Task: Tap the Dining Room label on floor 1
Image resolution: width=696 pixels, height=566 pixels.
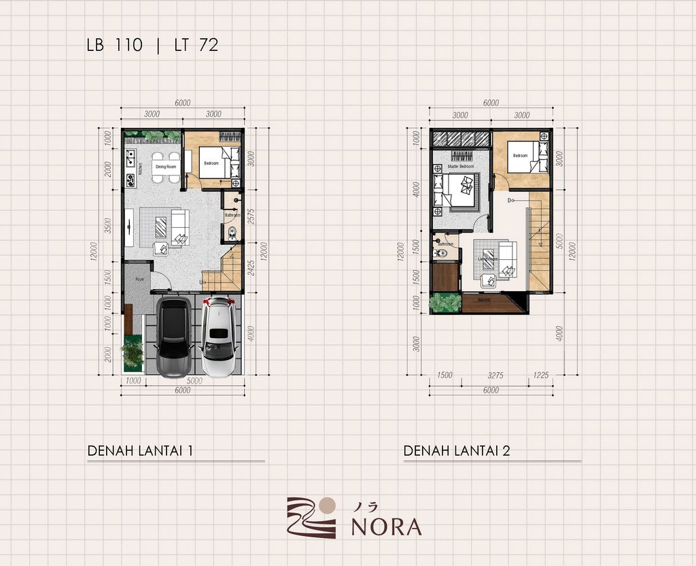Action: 166,167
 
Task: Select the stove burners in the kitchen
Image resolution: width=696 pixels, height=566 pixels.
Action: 130,180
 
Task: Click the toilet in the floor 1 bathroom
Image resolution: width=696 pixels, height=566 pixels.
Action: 233,234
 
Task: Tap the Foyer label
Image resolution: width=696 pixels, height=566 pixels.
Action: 140,279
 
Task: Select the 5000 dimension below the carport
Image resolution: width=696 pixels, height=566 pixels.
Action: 194,381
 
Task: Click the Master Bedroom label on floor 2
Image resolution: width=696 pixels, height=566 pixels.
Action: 460,167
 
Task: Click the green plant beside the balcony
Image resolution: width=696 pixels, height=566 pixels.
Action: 446,302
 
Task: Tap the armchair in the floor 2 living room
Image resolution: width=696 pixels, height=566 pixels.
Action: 489,281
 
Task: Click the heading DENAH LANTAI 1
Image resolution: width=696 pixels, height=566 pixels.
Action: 143,450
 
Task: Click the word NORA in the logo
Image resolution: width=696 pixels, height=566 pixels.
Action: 386,527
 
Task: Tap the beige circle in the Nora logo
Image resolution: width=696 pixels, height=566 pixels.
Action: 327,504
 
